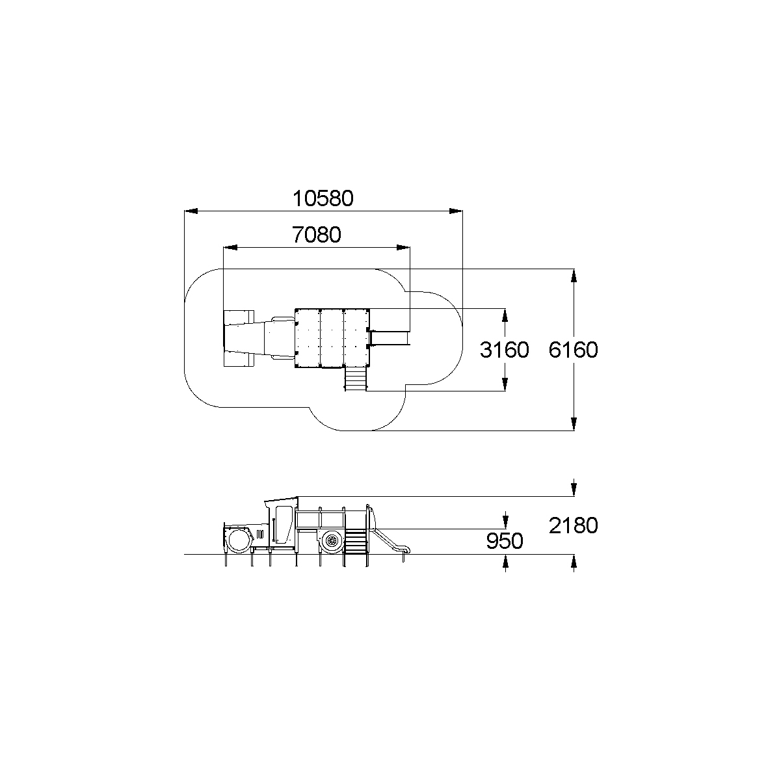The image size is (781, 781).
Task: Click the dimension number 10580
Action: tap(323, 198)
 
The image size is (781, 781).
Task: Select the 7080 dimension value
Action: tap(317, 235)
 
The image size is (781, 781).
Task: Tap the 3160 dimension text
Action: tap(504, 350)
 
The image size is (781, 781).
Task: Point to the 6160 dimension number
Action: tap(573, 350)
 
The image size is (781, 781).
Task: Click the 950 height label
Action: tap(505, 541)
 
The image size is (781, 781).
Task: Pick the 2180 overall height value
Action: tap(573, 525)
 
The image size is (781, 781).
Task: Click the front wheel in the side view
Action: tap(239, 540)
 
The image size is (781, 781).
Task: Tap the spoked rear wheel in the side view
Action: tap(332, 540)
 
